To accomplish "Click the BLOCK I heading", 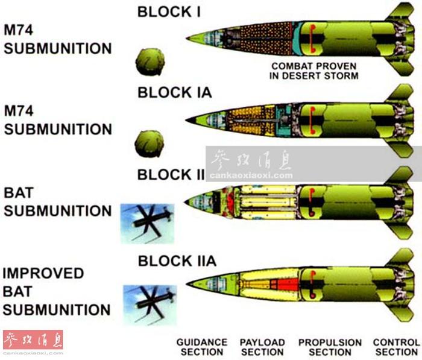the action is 169,12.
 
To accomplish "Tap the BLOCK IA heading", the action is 175,93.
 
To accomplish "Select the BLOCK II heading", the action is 171,175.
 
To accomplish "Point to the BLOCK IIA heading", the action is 177,261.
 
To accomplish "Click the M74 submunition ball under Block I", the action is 150,62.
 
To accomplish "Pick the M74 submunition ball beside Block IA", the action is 149,144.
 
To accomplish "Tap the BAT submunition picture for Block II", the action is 147,224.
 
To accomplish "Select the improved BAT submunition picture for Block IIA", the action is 150,305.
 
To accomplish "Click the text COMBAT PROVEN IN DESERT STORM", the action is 314,71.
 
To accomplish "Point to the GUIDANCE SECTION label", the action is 202,347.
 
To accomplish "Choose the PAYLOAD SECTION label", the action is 262,347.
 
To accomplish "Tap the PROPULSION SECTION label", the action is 330,347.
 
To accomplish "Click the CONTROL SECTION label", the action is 397,347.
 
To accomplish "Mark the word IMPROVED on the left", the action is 43,273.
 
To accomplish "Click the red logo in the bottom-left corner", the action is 33,340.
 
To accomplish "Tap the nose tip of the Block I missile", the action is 186,38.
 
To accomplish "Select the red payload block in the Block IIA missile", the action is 285,285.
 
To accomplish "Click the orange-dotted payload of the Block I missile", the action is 265,38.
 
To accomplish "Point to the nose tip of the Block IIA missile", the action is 187,284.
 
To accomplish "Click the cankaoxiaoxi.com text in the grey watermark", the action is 251,175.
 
